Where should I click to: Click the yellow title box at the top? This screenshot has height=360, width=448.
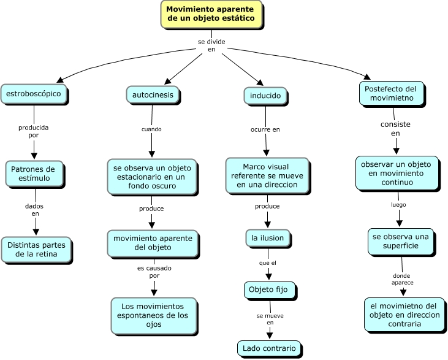click(x=211, y=14)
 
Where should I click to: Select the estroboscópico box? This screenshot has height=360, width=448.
click(x=34, y=94)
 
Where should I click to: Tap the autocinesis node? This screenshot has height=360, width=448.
click(x=153, y=94)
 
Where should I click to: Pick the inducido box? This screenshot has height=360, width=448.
click(x=265, y=96)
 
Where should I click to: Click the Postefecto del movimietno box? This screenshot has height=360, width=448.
click(x=392, y=93)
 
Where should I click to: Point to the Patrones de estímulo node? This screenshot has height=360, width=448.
click(x=34, y=174)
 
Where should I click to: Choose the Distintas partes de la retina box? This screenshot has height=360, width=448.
click(x=36, y=250)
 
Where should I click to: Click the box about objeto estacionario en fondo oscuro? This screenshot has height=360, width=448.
click(x=152, y=177)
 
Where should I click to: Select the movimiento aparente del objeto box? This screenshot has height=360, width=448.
click(x=153, y=243)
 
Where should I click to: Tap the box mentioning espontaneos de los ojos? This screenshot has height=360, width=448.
click(x=154, y=315)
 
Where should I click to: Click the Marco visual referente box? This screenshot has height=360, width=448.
click(x=267, y=175)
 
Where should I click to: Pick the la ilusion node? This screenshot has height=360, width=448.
click(x=268, y=238)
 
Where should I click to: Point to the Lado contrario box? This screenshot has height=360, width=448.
click(x=269, y=348)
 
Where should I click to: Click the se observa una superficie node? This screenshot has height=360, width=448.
click(x=401, y=241)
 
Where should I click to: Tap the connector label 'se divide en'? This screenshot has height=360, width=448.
click(x=211, y=45)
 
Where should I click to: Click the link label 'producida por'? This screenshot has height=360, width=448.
click(x=34, y=131)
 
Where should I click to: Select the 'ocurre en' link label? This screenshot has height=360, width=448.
click(x=265, y=129)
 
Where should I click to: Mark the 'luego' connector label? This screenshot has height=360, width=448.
click(x=398, y=205)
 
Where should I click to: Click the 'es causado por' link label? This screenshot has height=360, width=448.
click(x=154, y=272)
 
